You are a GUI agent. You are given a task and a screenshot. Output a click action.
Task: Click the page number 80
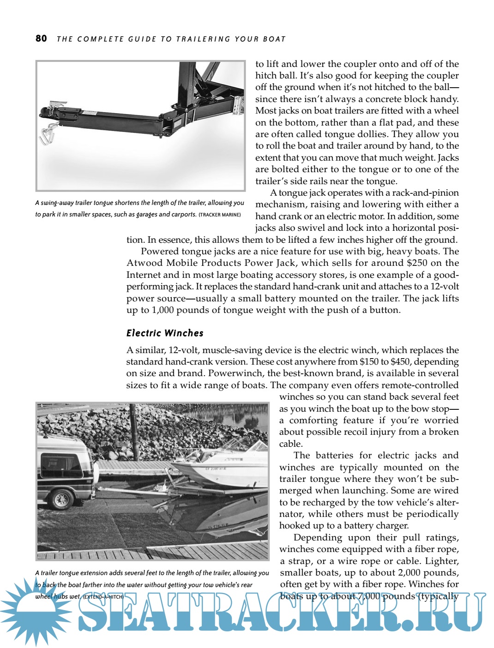(41, 38)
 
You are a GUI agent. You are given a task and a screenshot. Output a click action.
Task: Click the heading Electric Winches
(165, 333)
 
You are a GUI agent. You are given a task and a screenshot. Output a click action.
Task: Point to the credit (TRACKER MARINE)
(220, 215)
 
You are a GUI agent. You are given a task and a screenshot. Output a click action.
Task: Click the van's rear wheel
(61, 498)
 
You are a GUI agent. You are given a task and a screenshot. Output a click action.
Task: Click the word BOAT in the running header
(274, 39)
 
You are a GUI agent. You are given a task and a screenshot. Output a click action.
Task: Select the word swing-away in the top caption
(57, 203)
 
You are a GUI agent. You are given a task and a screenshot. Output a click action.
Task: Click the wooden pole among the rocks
(134, 427)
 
